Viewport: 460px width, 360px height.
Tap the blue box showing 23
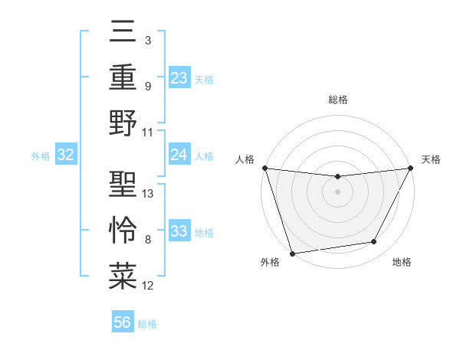pyautogui.click(x=179, y=77)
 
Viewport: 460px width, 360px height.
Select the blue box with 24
pyautogui.click(x=179, y=155)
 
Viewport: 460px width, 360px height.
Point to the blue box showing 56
pyautogui.click(x=123, y=322)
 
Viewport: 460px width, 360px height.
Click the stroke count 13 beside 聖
pyautogui.click(x=148, y=194)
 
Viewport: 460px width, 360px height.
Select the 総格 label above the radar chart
pyautogui.click(x=337, y=100)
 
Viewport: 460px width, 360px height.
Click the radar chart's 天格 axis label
pyautogui.click(x=431, y=159)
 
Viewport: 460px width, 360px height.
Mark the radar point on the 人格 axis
pyautogui.click(x=264, y=168)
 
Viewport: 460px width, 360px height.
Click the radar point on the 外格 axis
pyautogui.click(x=292, y=253)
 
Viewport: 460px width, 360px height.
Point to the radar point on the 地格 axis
pyautogui.click(x=374, y=242)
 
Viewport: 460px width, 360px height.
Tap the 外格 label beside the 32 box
pyautogui.click(x=40, y=156)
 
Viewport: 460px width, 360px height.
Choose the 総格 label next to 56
pyautogui.click(x=147, y=324)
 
